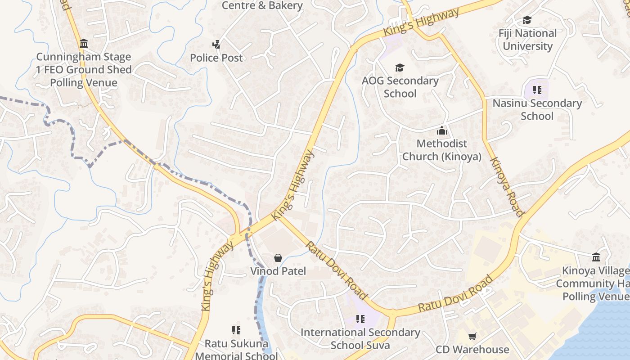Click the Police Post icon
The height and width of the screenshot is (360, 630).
(216, 44)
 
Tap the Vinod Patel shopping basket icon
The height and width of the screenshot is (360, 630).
(278, 258)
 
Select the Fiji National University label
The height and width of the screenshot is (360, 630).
(527, 40)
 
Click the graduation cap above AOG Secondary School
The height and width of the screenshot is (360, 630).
(400, 67)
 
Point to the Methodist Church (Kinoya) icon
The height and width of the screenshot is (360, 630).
(442, 131)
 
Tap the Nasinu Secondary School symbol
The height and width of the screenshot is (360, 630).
(537, 90)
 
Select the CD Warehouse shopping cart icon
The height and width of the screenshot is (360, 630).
(472, 336)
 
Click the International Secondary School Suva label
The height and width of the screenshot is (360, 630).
(360, 338)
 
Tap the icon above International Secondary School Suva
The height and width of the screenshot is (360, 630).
(360, 319)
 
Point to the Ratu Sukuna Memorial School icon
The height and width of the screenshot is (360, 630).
(236, 330)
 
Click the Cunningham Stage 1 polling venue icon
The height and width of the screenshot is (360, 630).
(84, 44)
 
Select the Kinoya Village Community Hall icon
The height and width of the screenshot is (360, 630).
(596, 257)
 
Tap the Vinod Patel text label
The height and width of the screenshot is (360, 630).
(278, 271)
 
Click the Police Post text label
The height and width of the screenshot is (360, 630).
(216, 58)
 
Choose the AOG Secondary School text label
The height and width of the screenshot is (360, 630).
(400, 87)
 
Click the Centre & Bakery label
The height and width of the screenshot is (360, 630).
(262, 5)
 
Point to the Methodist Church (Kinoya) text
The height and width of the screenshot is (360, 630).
(441, 150)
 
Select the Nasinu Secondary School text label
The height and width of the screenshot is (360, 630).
(537, 109)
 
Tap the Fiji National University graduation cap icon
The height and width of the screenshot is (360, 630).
(527, 20)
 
